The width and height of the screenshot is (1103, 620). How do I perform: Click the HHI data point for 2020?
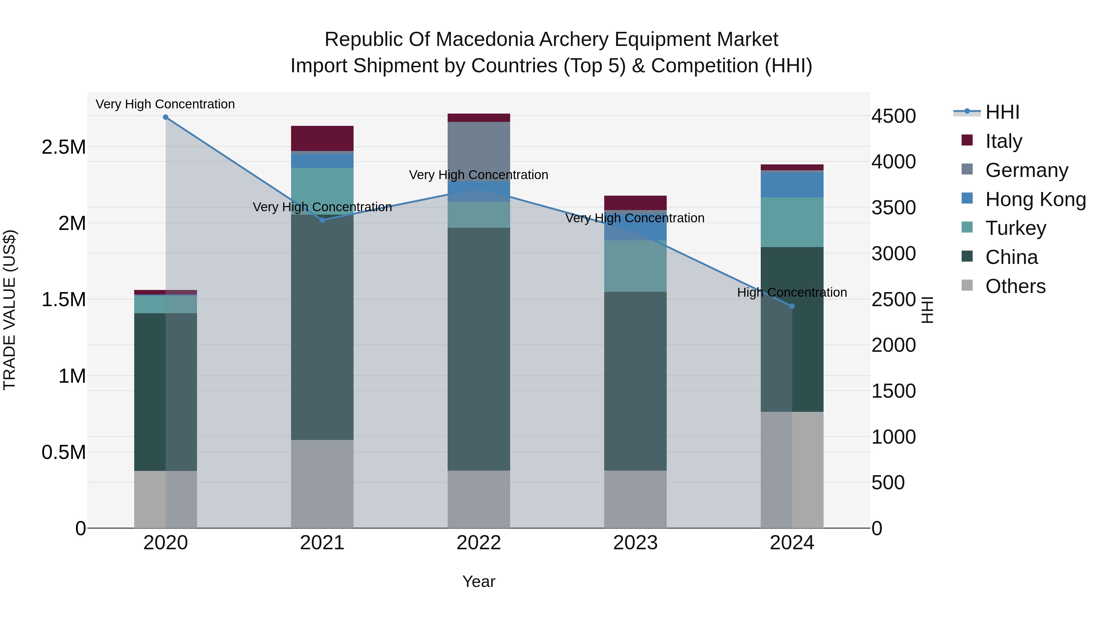pos(166,117)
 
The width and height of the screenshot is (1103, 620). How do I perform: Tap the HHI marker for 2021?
pos(322,220)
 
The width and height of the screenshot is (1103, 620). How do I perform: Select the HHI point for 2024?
pos(792,306)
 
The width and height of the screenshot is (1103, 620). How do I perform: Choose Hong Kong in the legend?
pos(1035,199)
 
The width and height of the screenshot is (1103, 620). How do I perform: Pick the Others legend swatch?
pos(967,285)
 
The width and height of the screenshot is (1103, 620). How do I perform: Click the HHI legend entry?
pos(1002,112)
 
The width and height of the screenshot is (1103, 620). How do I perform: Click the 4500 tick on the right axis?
pos(894,116)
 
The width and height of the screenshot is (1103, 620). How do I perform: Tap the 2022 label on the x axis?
pos(479,543)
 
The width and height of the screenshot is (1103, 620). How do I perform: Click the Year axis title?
pos(479,581)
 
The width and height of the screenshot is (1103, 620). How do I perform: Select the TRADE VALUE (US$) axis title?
pos(9,310)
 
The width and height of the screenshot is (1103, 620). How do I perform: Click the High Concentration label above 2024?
pos(792,293)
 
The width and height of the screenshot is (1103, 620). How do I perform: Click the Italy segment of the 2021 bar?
pos(322,138)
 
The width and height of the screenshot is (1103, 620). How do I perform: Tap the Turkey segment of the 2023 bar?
pos(635,266)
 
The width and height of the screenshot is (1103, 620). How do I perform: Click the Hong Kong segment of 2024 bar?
pos(792,185)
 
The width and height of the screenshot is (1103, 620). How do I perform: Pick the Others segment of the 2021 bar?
pos(322,483)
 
